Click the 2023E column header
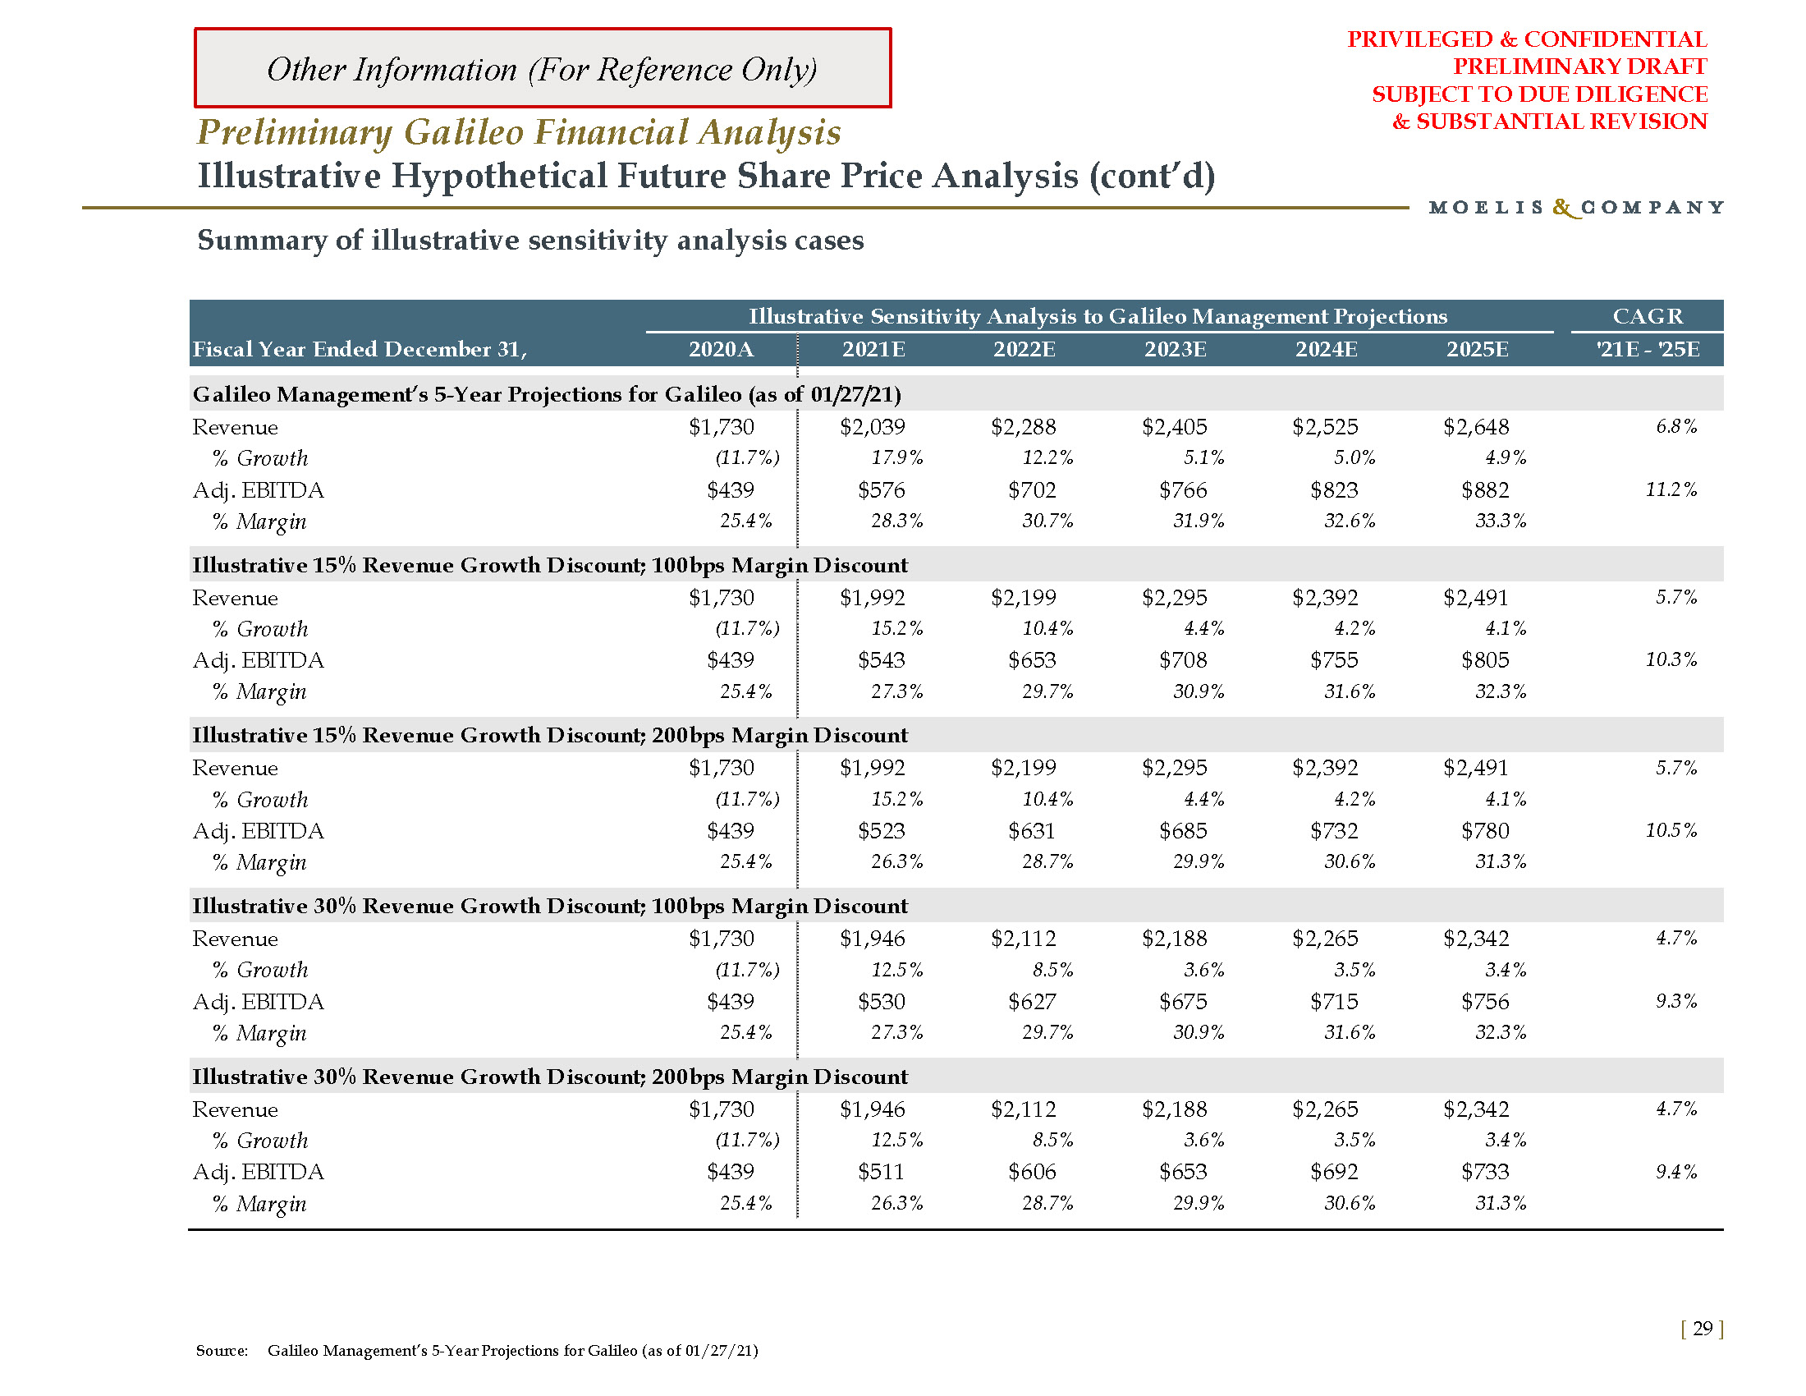click(1175, 349)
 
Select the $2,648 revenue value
click(1476, 427)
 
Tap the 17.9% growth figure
click(897, 457)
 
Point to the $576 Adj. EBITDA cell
click(882, 490)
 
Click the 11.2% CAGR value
click(1671, 489)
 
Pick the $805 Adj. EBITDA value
click(1485, 660)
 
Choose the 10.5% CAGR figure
click(1671, 830)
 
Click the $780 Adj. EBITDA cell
click(1485, 830)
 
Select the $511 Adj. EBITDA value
click(882, 1172)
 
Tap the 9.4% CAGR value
click(1675, 1172)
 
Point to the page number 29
click(1702, 1329)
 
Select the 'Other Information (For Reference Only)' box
click(543, 69)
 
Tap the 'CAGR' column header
click(1648, 316)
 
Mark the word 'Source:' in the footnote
click(222, 1351)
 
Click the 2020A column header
click(721, 349)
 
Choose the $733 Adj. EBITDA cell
click(1485, 1172)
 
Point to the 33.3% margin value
click(1501, 521)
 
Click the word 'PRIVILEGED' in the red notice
click(1420, 39)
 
